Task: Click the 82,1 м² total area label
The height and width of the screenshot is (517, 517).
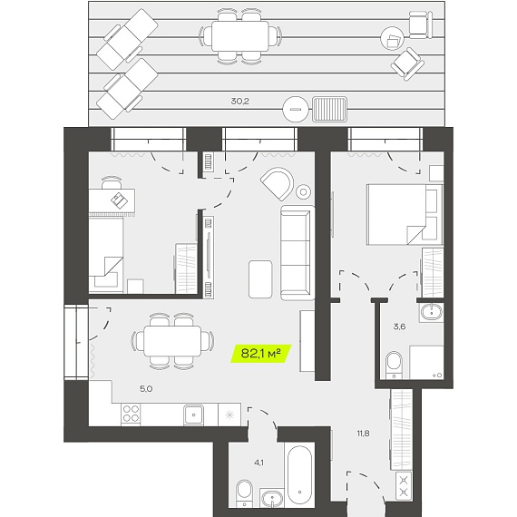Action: coord(260,354)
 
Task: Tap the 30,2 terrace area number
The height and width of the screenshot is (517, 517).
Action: coord(240,102)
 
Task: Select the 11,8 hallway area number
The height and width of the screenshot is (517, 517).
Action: coord(363,434)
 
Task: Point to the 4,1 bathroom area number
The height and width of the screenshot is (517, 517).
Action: coord(258,463)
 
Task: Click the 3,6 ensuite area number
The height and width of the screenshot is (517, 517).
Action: coord(399,327)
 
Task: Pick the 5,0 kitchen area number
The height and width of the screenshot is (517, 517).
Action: coord(146,389)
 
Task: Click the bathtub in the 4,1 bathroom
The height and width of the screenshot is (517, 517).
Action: coord(299,474)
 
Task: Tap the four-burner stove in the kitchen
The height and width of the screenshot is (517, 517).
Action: coord(131,415)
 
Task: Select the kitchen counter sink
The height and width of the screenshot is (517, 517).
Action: coord(193,415)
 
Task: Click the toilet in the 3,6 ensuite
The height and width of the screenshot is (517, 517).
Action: coord(394,365)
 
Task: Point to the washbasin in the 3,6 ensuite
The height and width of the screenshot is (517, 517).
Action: coord(431,312)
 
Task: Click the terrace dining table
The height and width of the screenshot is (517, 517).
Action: coord(240,36)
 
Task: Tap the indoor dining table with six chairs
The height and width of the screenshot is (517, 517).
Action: coord(172,341)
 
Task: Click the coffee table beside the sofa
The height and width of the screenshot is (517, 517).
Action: coord(260,279)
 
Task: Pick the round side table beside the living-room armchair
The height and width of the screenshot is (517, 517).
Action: coord(303,191)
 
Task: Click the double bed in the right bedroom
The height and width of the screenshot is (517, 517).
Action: coord(405,215)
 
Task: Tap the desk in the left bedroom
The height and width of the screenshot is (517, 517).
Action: coord(112,200)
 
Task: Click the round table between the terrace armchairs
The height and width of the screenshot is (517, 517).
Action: coord(393,38)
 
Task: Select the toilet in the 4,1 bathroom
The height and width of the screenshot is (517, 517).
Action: coord(244,493)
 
